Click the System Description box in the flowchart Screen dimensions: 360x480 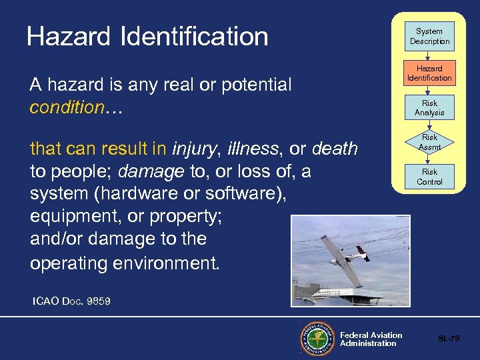click(x=429, y=37)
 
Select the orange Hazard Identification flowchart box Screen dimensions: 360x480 click(x=429, y=73)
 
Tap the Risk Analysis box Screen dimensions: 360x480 click(x=429, y=108)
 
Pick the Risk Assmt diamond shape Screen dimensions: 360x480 click(x=429, y=142)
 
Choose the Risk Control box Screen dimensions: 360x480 click(x=429, y=177)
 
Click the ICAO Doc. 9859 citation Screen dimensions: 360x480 click(x=71, y=301)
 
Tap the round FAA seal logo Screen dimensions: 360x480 click(x=317, y=339)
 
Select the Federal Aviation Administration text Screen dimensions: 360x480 click(x=371, y=339)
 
